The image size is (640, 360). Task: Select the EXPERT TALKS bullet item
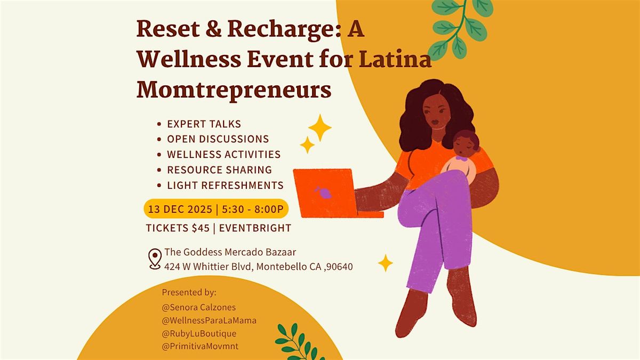pos(204,124)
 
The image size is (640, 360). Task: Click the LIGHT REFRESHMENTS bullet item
pos(225,185)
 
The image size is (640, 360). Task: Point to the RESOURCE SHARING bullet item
pos(219,170)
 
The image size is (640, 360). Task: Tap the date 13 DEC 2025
pos(179,209)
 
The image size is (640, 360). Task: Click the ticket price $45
pos(198,228)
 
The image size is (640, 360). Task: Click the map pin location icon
pos(155,259)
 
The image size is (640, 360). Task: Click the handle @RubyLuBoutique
pos(199,333)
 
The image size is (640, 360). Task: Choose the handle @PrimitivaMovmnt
pos(201,347)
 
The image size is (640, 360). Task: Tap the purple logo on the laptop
pos(324,192)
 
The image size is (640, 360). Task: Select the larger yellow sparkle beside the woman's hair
pos(319,127)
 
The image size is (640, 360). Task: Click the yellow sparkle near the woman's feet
pos(385,262)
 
